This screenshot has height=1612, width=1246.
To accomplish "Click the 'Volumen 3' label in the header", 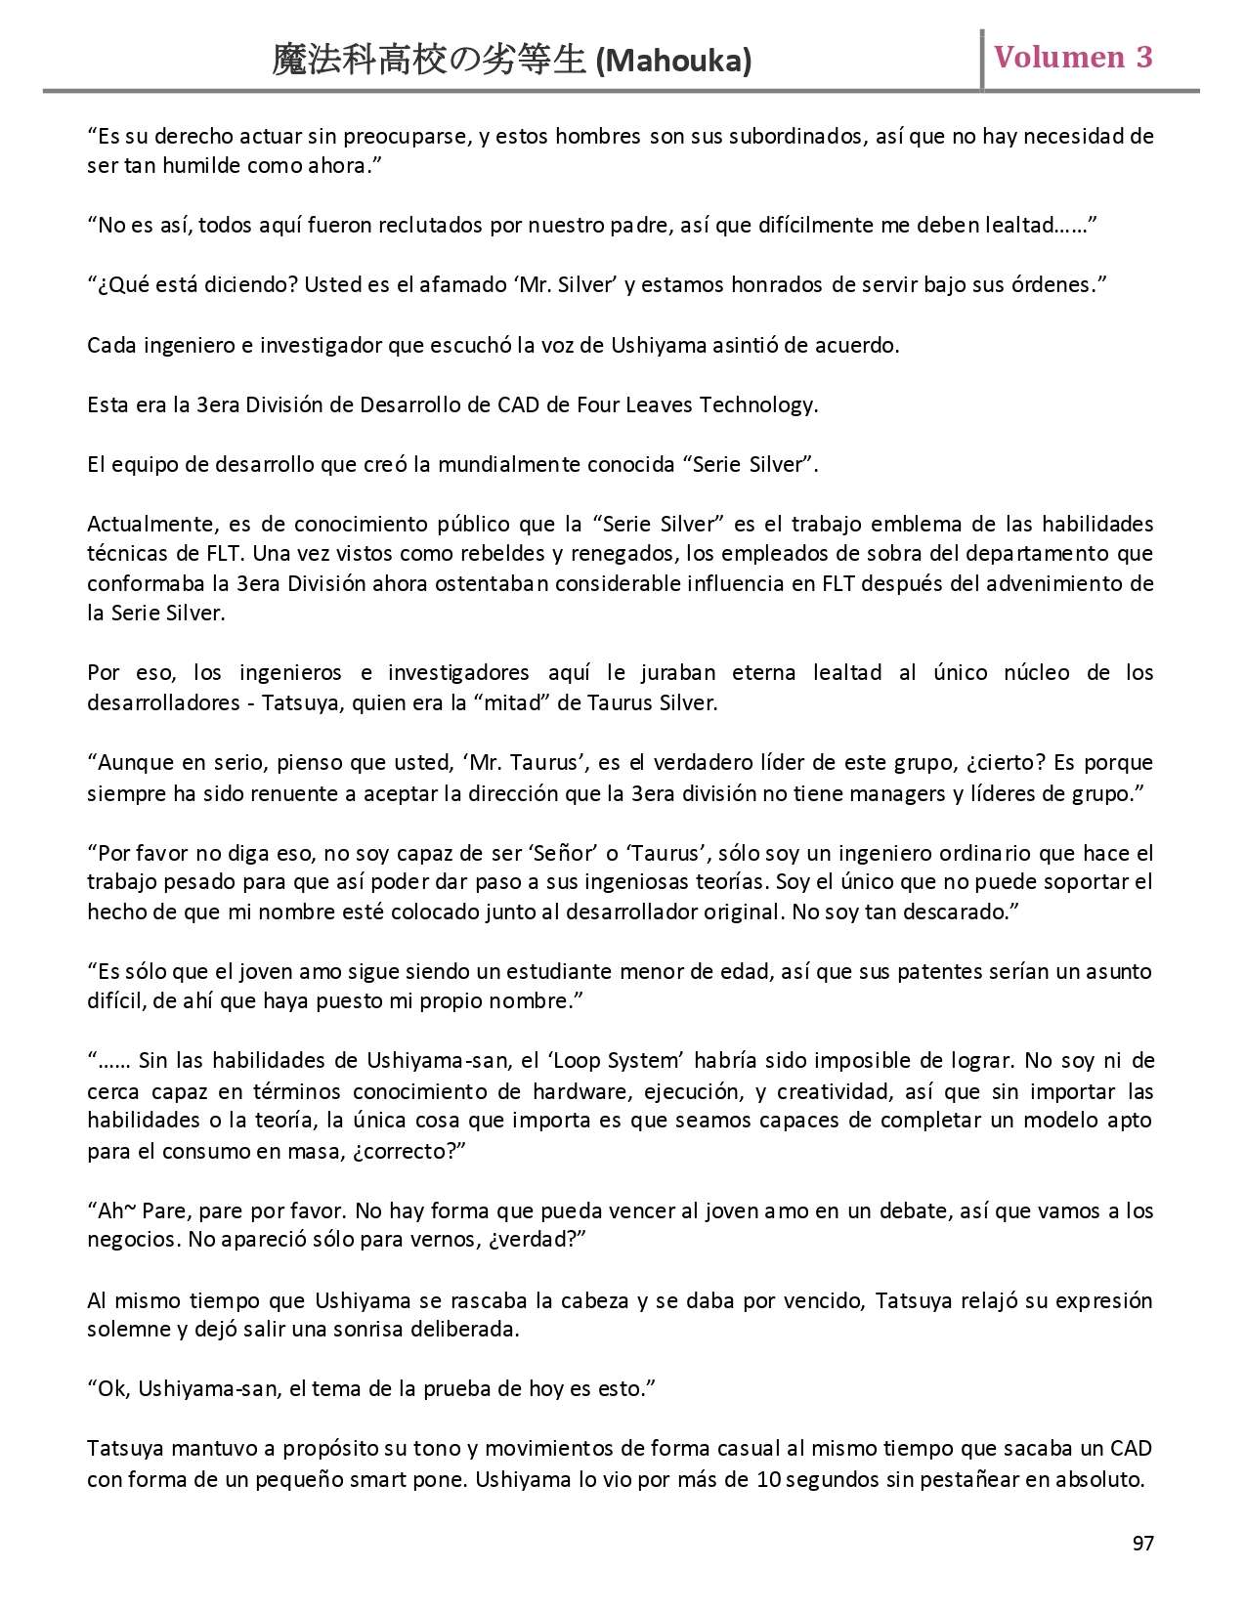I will [x=1073, y=58].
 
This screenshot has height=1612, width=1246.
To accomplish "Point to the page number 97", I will [x=1142, y=1544].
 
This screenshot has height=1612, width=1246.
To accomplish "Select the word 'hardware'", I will [x=575, y=1091].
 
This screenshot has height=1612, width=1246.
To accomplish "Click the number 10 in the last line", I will [x=767, y=1479].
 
